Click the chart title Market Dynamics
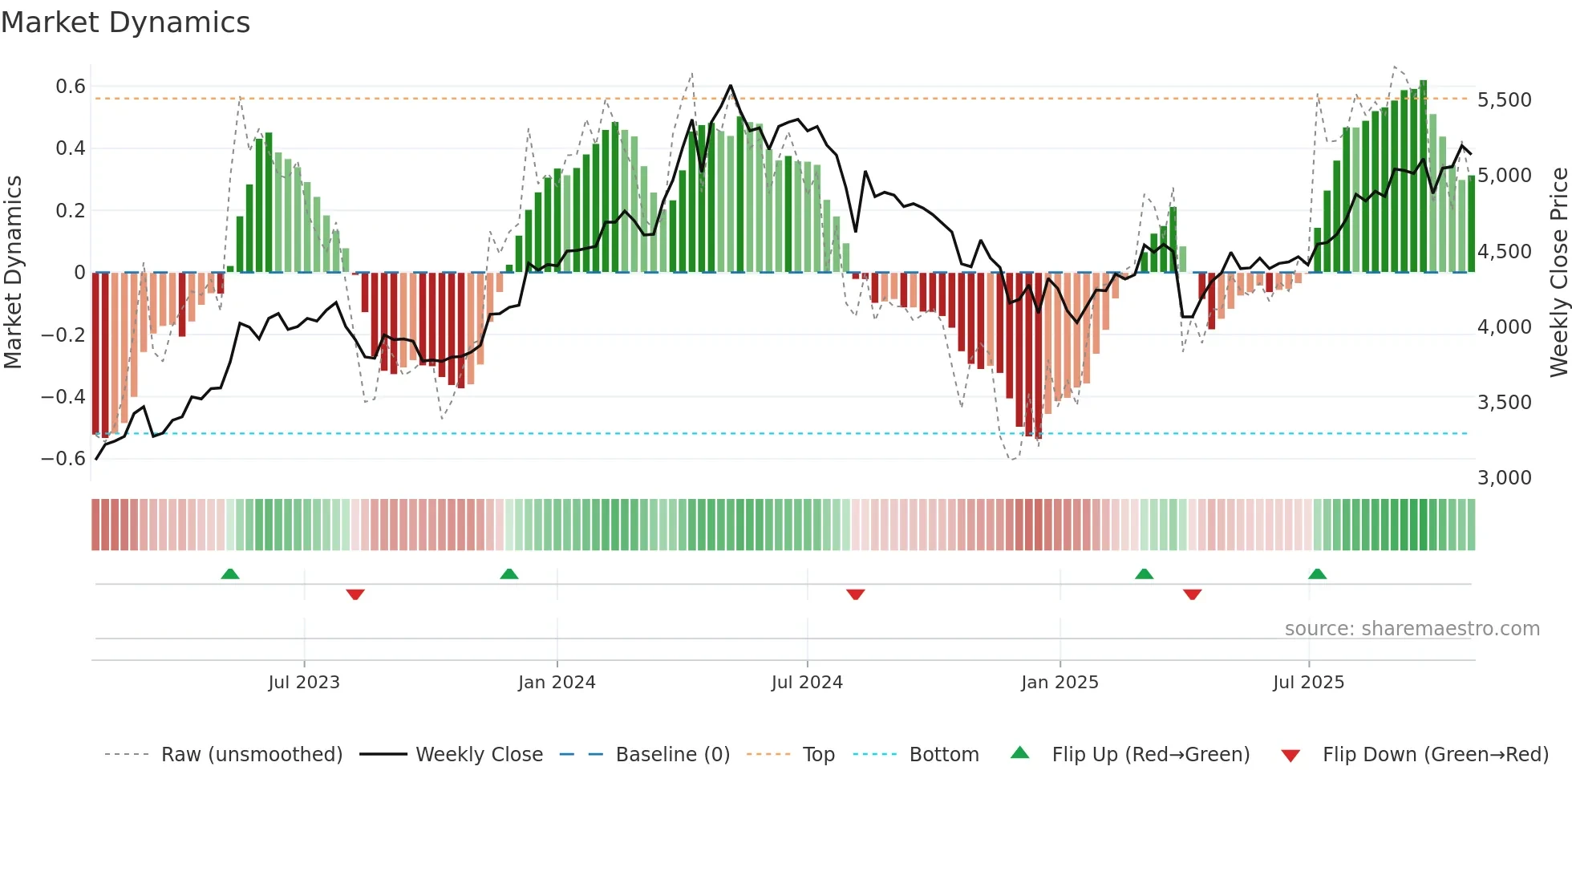(125, 22)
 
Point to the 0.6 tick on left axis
(70, 87)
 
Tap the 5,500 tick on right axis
(1504, 100)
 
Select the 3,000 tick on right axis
(1504, 478)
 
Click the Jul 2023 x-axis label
(304, 683)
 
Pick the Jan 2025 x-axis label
(1059, 683)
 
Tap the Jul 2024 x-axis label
(807, 683)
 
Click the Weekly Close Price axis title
(1558, 273)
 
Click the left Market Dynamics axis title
(13, 273)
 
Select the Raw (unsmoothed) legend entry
(251, 755)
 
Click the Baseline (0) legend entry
(672, 755)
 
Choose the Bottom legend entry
(943, 755)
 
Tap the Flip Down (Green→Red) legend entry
(1435, 755)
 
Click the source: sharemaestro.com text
(1412, 629)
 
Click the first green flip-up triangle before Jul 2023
(230, 574)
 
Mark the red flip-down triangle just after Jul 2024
(855, 594)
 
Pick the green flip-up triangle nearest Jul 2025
(1317, 574)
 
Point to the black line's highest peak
(730, 86)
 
